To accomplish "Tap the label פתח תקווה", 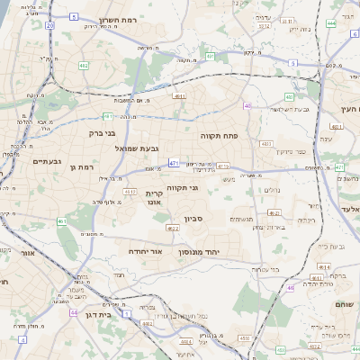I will point(218,132).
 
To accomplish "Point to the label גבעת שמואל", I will point(137,147).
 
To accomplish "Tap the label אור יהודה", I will point(144,251).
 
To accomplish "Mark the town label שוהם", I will point(346,305).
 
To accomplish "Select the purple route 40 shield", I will point(247,105).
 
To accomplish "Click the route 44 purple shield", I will point(74,313).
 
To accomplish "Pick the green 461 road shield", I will point(61,220).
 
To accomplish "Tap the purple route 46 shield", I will point(291,288).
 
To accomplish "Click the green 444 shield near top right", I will point(331,23).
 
